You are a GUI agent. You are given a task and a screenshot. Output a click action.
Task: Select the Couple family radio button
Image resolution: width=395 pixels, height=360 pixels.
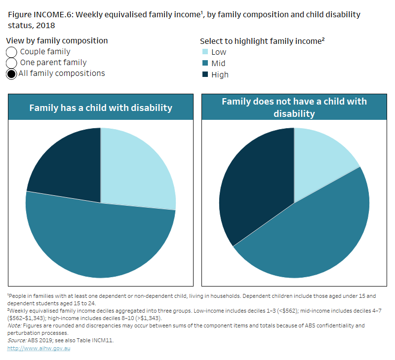(12, 52)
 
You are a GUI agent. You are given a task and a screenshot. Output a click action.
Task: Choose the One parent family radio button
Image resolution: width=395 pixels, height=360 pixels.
(12, 63)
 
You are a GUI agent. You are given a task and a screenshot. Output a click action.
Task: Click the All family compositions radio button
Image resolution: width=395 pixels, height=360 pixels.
(12, 74)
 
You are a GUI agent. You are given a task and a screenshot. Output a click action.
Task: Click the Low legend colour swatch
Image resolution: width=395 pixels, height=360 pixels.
(204, 52)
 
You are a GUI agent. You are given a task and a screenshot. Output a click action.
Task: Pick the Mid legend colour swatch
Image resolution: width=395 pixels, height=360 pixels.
(204, 63)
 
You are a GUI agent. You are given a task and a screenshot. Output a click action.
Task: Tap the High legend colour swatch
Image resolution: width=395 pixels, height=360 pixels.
(204, 74)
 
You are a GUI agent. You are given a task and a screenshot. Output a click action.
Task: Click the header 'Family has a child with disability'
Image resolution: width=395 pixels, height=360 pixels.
(101, 108)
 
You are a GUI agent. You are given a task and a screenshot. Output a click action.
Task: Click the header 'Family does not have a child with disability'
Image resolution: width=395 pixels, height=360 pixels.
(294, 108)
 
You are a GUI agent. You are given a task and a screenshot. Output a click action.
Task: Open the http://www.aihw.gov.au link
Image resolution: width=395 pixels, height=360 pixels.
(39, 348)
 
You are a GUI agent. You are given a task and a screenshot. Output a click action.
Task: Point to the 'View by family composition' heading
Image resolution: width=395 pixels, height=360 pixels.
(57, 41)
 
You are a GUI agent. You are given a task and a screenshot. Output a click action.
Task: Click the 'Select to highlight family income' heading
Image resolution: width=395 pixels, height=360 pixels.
(262, 41)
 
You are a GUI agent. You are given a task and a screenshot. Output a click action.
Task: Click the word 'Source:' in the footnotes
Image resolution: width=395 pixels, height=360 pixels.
(16, 340)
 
